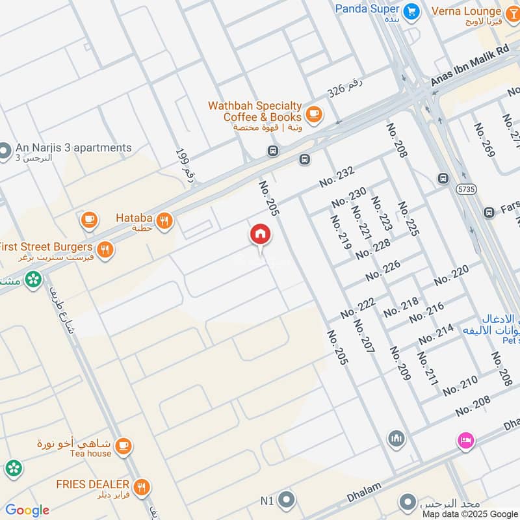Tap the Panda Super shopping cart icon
[x=411, y=11]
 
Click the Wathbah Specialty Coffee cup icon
[x=314, y=114]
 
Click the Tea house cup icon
[x=123, y=447]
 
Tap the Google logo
[x=27, y=510]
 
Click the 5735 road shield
[x=465, y=188]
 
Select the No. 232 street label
[x=337, y=176]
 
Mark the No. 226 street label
[x=383, y=270]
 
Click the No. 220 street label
[x=451, y=276]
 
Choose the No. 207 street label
[x=363, y=337]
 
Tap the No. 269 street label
[x=484, y=140]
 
